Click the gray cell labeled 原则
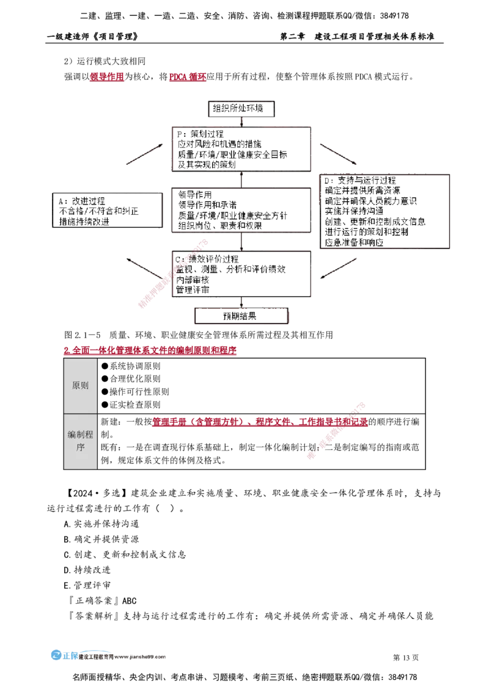(x=80, y=386)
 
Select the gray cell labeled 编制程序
(x=80, y=441)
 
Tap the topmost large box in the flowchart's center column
(x=242, y=149)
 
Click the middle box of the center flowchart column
(x=242, y=210)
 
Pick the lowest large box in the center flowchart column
(x=242, y=273)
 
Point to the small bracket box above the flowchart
(x=243, y=107)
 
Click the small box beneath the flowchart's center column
(x=242, y=316)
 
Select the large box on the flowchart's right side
(x=386, y=211)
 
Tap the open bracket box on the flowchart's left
(x=108, y=209)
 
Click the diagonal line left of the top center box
(x=145, y=154)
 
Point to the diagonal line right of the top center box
(x=337, y=154)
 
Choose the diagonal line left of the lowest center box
(x=145, y=268)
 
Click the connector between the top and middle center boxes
(x=242, y=179)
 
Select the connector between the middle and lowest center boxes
(x=242, y=241)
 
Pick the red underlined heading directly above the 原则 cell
(x=150, y=352)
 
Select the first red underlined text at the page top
(x=107, y=78)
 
